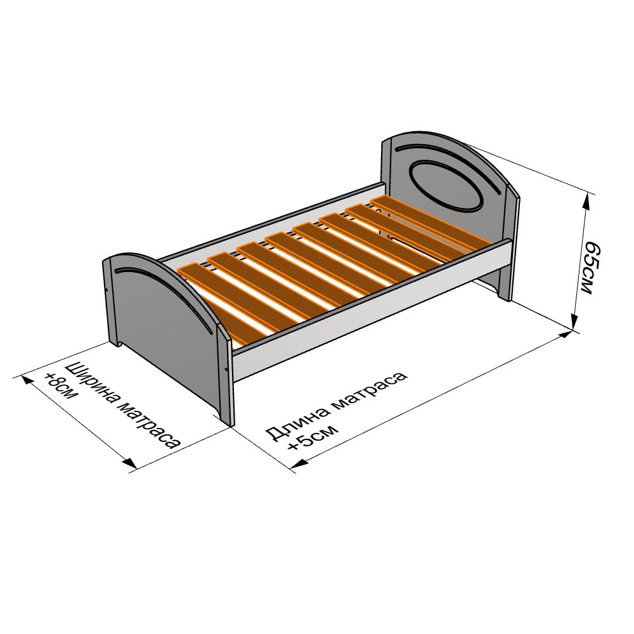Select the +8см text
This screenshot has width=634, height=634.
(60, 386)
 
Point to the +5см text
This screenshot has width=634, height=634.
(311, 437)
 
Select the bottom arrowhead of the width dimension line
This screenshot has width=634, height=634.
(129, 463)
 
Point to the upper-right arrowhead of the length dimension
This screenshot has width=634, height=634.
(566, 335)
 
